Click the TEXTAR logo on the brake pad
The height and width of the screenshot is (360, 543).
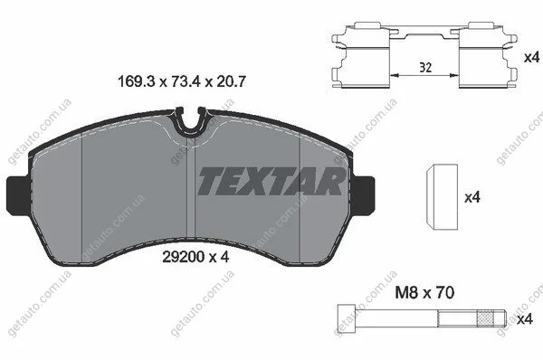(271, 181)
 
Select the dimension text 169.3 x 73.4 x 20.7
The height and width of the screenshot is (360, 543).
(182, 82)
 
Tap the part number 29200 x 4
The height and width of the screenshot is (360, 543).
(195, 257)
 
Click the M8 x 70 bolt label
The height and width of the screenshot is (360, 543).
(424, 293)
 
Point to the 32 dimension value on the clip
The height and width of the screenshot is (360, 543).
(425, 68)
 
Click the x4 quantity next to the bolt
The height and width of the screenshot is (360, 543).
(524, 319)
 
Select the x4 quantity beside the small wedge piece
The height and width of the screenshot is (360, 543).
(472, 198)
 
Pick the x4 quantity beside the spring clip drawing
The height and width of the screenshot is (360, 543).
(531, 58)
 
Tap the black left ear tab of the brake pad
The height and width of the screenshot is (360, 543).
(19, 194)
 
